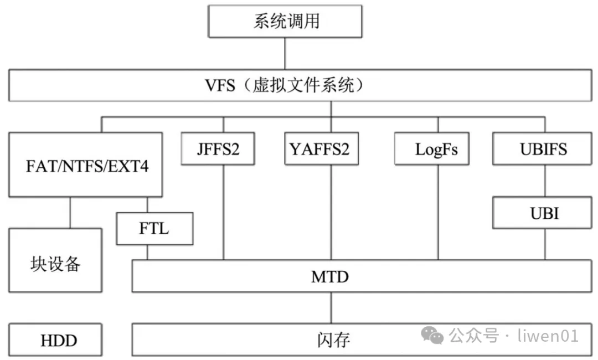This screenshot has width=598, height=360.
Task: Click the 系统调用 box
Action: click(x=286, y=22)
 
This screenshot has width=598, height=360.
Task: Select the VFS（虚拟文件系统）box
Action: click(x=299, y=86)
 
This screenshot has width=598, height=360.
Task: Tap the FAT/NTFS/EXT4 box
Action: click(x=86, y=164)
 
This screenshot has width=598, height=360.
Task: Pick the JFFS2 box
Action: click(x=218, y=149)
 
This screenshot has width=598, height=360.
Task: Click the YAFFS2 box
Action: click(x=319, y=149)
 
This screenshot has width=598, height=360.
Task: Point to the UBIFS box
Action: click(x=544, y=149)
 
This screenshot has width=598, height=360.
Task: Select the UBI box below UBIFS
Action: click(x=544, y=213)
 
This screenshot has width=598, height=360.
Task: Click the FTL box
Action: click(x=154, y=228)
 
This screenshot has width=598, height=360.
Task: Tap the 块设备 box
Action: click(x=55, y=260)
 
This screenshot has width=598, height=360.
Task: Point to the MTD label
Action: click(x=330, y=276)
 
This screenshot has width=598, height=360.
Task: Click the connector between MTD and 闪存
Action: click(x=331, y=307)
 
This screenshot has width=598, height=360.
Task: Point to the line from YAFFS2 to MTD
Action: click(x=331, y=213)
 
